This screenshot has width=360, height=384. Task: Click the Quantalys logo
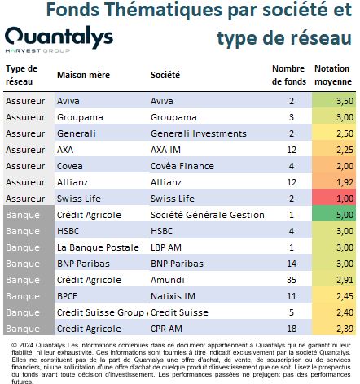pyautogui.click(x=59, y=37)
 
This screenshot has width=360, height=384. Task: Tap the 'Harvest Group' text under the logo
pyautogui.click(x=37, y=50)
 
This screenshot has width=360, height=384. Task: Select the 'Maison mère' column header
pyautogui.click(x=83, y=75)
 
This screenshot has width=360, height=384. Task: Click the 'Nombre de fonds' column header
pyautogui.click(x=289, y=75)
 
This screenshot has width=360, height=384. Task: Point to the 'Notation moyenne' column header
pyautogui.click(x=333, y=75)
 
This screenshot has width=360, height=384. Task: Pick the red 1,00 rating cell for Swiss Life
pyautogui.click(x=334, y=198)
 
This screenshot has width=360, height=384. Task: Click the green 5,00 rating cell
pyautogui.click(x=334, y=214)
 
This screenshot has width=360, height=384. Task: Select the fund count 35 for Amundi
pyautogui.click(x=292, y=280)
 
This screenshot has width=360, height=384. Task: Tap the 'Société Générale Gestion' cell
pyautogui.click(x=208, y=215)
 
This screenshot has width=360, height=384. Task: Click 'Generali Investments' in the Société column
pyautogui.click(x=199, y=133)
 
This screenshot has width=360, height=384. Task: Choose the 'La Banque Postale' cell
pyautogui.click(x=98, y=247)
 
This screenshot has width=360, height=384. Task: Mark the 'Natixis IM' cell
pyautogui.click(x=173, y=296)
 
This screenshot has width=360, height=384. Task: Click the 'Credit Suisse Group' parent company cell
pyautogui.click(x=100, y=312)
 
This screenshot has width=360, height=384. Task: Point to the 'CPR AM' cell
pyautogui.click(x=166, y=329)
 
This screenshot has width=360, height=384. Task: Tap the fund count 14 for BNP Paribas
pyautogui.click(x=292, y=264)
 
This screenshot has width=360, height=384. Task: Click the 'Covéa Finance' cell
pyautogui.click(x=182, y=166)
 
